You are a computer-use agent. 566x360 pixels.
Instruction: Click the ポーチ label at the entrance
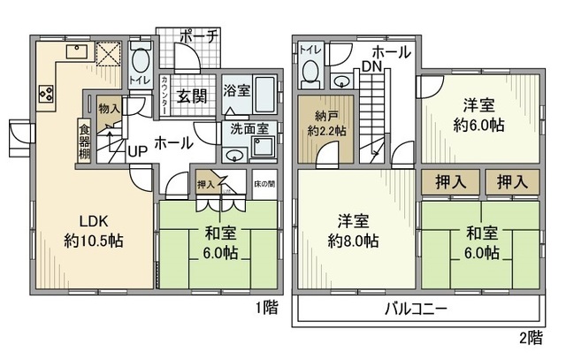(199, 38)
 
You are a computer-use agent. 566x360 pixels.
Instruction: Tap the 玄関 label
(192, 96)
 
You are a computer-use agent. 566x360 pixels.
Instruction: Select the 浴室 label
(236, 90)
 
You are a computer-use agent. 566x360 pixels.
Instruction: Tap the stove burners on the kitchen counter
(46, 93)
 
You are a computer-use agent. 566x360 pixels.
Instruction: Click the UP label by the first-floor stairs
(137, 151)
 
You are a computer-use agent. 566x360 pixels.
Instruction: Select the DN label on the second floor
(371, 65)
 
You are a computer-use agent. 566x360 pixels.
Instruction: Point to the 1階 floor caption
(265, 308)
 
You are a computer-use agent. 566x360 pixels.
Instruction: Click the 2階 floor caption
(528, 337)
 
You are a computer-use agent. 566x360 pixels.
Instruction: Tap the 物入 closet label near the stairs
(109, 109)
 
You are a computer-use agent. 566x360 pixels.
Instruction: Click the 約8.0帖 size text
(353, 241)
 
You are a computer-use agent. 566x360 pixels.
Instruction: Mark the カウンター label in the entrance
(166, 96)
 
